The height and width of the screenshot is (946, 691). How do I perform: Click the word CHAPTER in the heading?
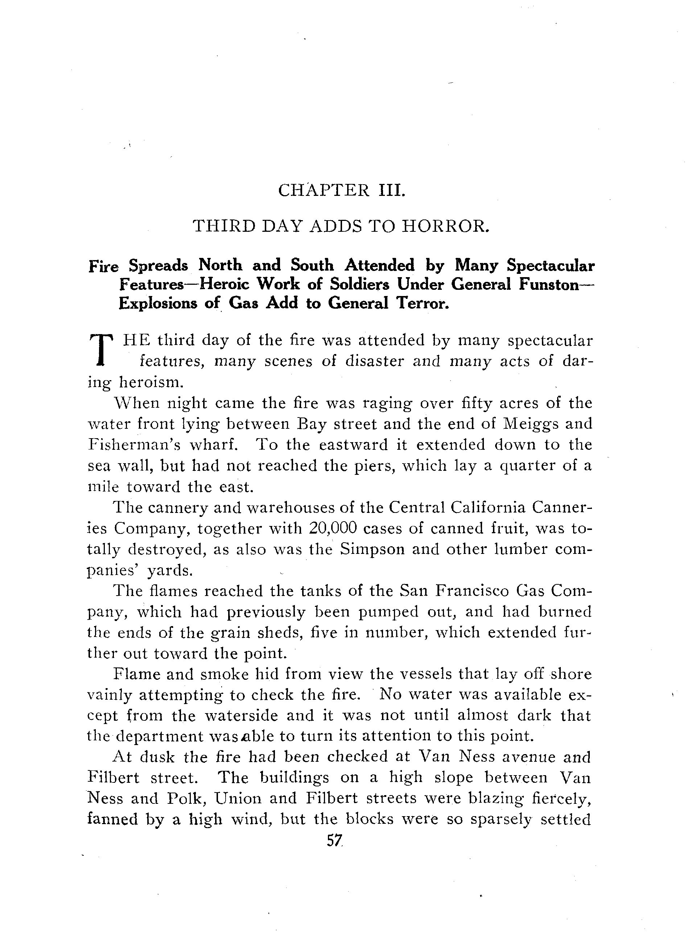[x=324, y=191]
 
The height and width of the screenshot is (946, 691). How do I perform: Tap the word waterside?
[x=241, y=716]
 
